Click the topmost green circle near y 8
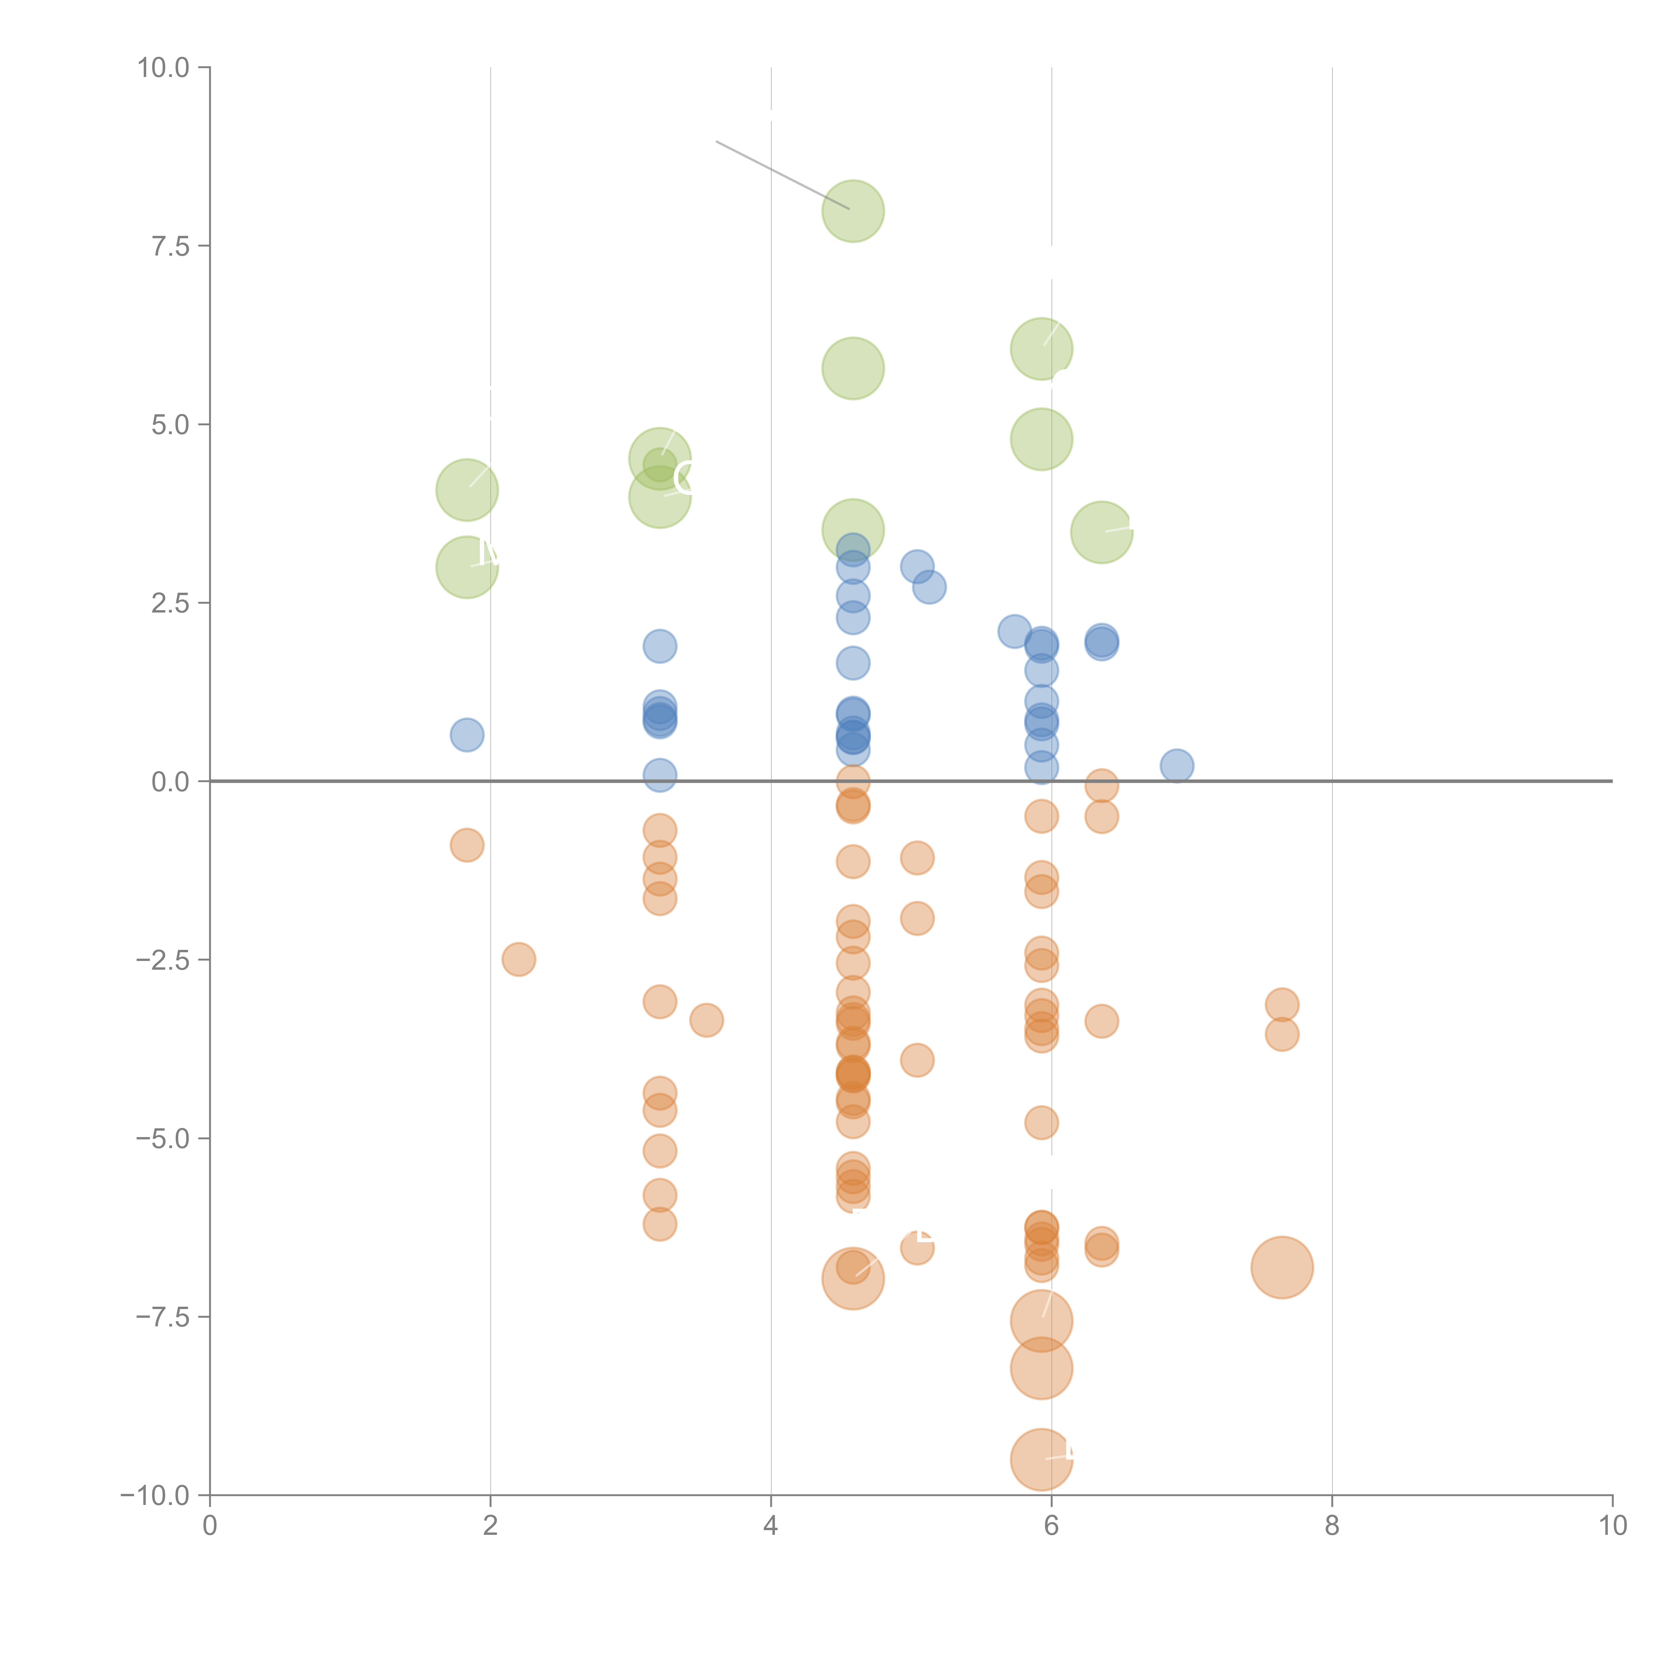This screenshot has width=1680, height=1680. coord(853,211)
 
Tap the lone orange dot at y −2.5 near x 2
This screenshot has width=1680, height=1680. coord(518,959)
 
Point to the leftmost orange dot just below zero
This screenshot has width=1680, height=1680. coord(467,845)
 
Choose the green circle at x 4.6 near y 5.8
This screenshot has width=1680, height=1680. coord(853,369)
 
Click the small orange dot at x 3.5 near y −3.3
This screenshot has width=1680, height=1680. coord(706,1020)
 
